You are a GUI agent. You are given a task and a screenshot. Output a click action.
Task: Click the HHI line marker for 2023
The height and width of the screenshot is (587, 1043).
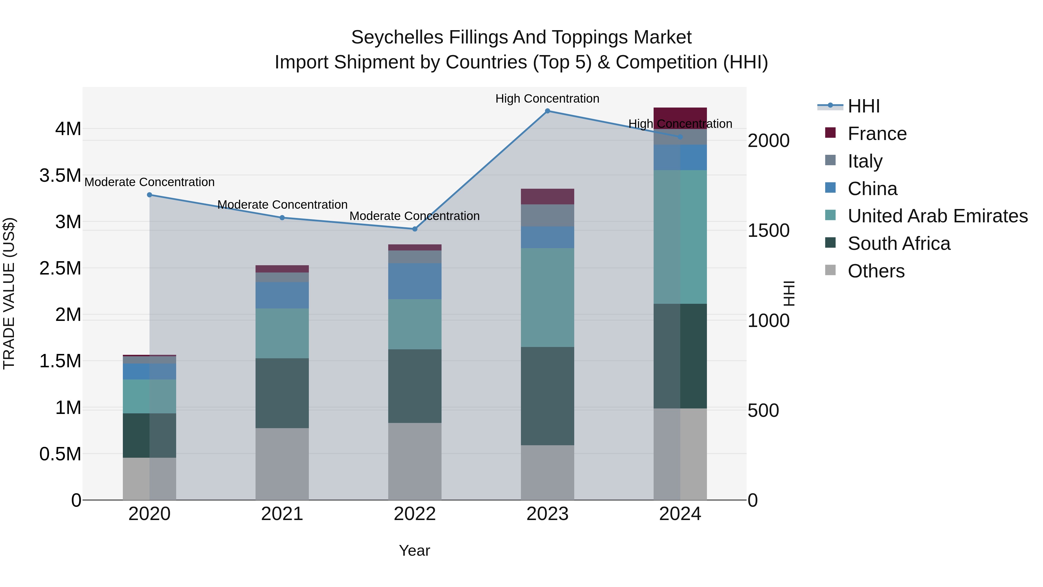(x=547, y=111)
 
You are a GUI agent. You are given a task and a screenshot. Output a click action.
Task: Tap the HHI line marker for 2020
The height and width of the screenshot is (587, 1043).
(x=149, y=195)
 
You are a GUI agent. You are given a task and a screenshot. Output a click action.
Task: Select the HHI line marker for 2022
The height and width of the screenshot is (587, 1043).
(x=415, y=229)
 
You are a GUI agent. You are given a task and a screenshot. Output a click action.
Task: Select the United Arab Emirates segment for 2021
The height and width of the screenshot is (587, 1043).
(x=282, y=333)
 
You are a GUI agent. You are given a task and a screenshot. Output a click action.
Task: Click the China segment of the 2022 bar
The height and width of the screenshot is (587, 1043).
(x=415, y=281)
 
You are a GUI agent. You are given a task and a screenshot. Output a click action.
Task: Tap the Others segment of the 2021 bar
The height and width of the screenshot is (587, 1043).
(x=282, y=464)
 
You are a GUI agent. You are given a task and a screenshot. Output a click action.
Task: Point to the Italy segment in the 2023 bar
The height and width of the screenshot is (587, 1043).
(x=547, y=215)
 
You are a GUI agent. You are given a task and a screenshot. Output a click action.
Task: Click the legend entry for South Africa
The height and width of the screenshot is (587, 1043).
(x=899, y=243)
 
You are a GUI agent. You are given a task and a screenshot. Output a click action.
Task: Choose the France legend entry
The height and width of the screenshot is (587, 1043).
(x=877, y=134)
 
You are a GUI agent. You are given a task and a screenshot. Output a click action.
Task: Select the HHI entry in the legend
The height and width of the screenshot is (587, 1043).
(x=864, y=106)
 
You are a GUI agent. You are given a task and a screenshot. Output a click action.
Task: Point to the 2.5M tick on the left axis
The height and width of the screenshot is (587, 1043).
(x=60, y=268)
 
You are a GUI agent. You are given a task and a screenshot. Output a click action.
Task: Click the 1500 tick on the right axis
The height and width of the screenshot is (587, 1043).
(x=768, y=230)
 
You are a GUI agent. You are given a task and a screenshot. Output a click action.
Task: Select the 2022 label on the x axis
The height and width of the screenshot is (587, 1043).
(x=415, y=514)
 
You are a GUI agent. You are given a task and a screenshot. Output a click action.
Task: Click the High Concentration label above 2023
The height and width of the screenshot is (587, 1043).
(x=547, y=99)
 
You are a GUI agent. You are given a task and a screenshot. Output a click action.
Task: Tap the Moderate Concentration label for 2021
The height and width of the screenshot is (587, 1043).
(x=282, y=205)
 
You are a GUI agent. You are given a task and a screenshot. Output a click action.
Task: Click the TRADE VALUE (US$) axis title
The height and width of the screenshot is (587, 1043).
(x=9, y=293)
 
